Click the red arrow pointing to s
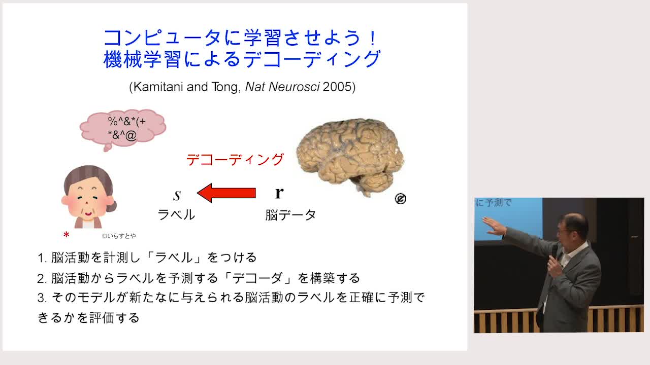(x=226, y=193)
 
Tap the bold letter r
(x=279, y=192)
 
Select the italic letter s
(x=177, y=195)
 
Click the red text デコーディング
(x=235, y=160)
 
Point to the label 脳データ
(x=290, y=215)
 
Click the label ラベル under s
(x=176, y=215)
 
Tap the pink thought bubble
(x=123, y=129)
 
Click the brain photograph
(x=350, y=157)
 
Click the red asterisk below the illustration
(x=66, y=235)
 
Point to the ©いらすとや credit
(x=119, y=236)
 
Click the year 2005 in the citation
(x=337, y=87)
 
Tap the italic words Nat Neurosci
(x=282, y=87)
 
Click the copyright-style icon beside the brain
(x=401, y=199)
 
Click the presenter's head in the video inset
(x=572, y=229)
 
